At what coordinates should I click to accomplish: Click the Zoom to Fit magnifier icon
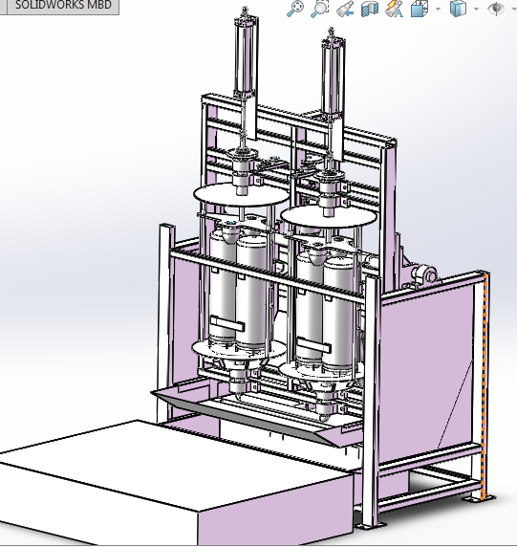[295, 9]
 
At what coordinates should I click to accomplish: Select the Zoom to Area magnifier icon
[320, 9]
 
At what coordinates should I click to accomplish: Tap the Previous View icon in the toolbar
[345, 10]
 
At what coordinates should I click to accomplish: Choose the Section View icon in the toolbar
[370, 10]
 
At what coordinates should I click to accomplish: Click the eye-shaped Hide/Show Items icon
[495, 10]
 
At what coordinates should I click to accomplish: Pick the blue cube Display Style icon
[458, 10]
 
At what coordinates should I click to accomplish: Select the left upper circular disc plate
[239, 196]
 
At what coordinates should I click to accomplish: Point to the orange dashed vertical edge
[485, 383]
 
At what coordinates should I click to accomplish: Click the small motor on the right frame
[420, 276]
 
